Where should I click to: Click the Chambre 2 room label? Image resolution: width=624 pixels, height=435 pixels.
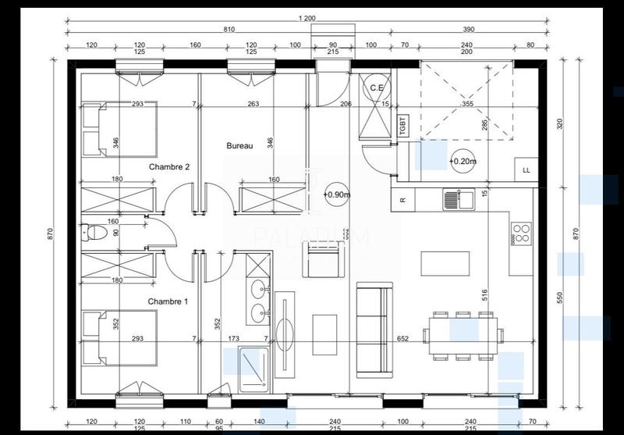pos(169,167)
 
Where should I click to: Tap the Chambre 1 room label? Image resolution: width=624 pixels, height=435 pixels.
pos(169,301)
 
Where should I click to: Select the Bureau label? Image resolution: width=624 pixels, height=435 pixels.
pos(239,146)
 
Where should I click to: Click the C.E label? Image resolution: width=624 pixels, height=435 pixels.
pos(376,87)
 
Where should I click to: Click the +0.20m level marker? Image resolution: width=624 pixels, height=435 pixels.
pos(463,162)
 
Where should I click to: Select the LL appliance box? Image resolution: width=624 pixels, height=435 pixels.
pos(526,169)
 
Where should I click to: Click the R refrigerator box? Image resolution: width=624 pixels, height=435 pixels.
pos(402,200)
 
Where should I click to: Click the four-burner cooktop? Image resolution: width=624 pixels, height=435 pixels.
pos(521,232)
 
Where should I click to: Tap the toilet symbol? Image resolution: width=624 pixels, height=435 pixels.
pos(95,232)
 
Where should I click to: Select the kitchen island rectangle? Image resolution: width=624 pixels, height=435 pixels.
pos(445,263)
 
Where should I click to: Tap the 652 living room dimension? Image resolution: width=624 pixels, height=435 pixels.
pos(402,339)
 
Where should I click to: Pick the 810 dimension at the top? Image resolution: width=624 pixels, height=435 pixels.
pos(229,29)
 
